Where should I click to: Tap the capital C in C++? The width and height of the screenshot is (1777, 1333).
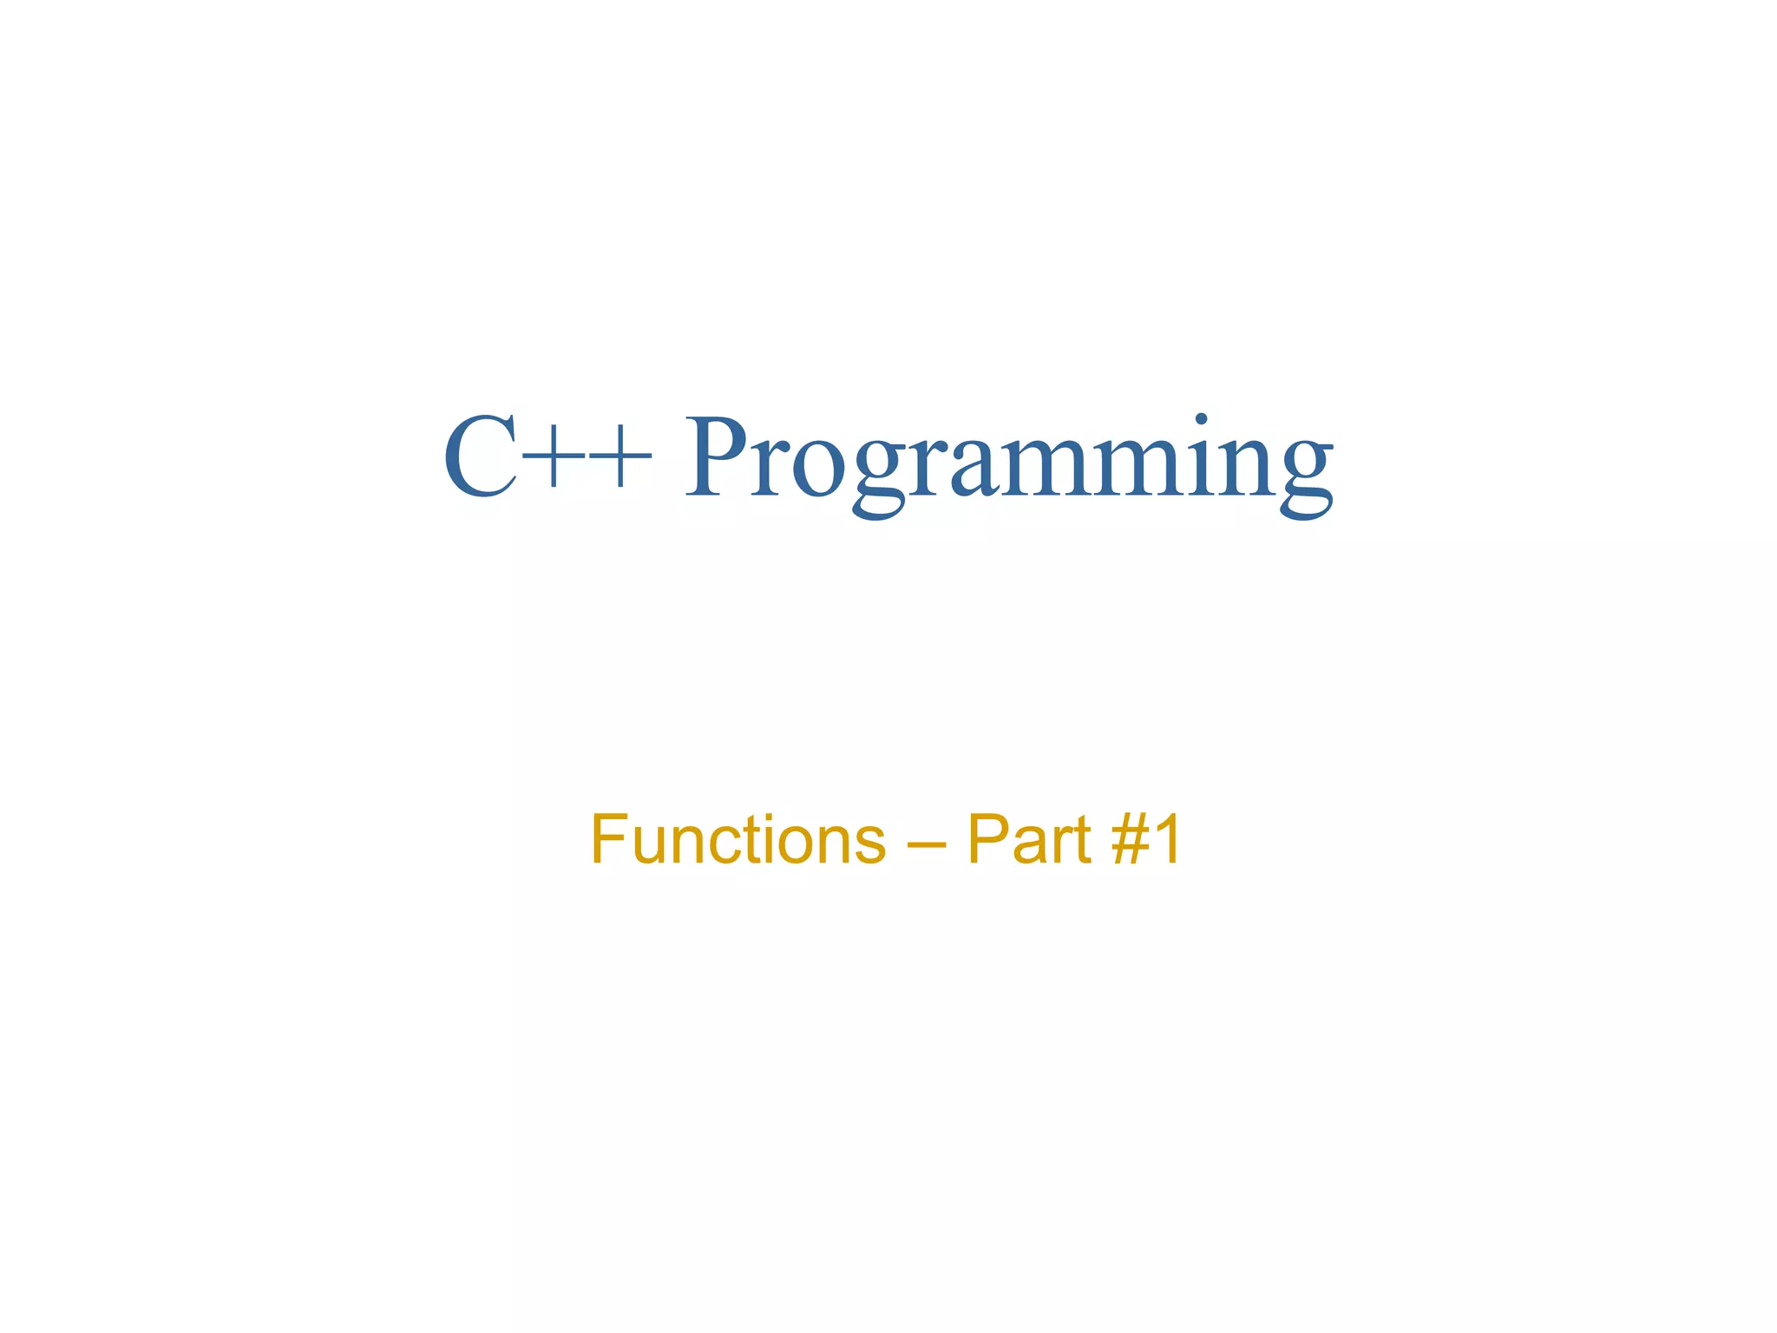click(482, 458)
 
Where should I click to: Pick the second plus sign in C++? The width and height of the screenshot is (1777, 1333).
click(620, 458)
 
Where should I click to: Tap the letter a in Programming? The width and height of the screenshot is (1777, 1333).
click(980, 469)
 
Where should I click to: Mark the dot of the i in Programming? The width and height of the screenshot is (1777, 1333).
click(1201, 420)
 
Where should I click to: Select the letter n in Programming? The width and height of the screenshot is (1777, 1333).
click(1249, 469)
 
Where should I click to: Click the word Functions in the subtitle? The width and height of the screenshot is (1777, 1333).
click(738, 839)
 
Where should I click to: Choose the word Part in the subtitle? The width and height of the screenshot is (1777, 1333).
click(1028, 839)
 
